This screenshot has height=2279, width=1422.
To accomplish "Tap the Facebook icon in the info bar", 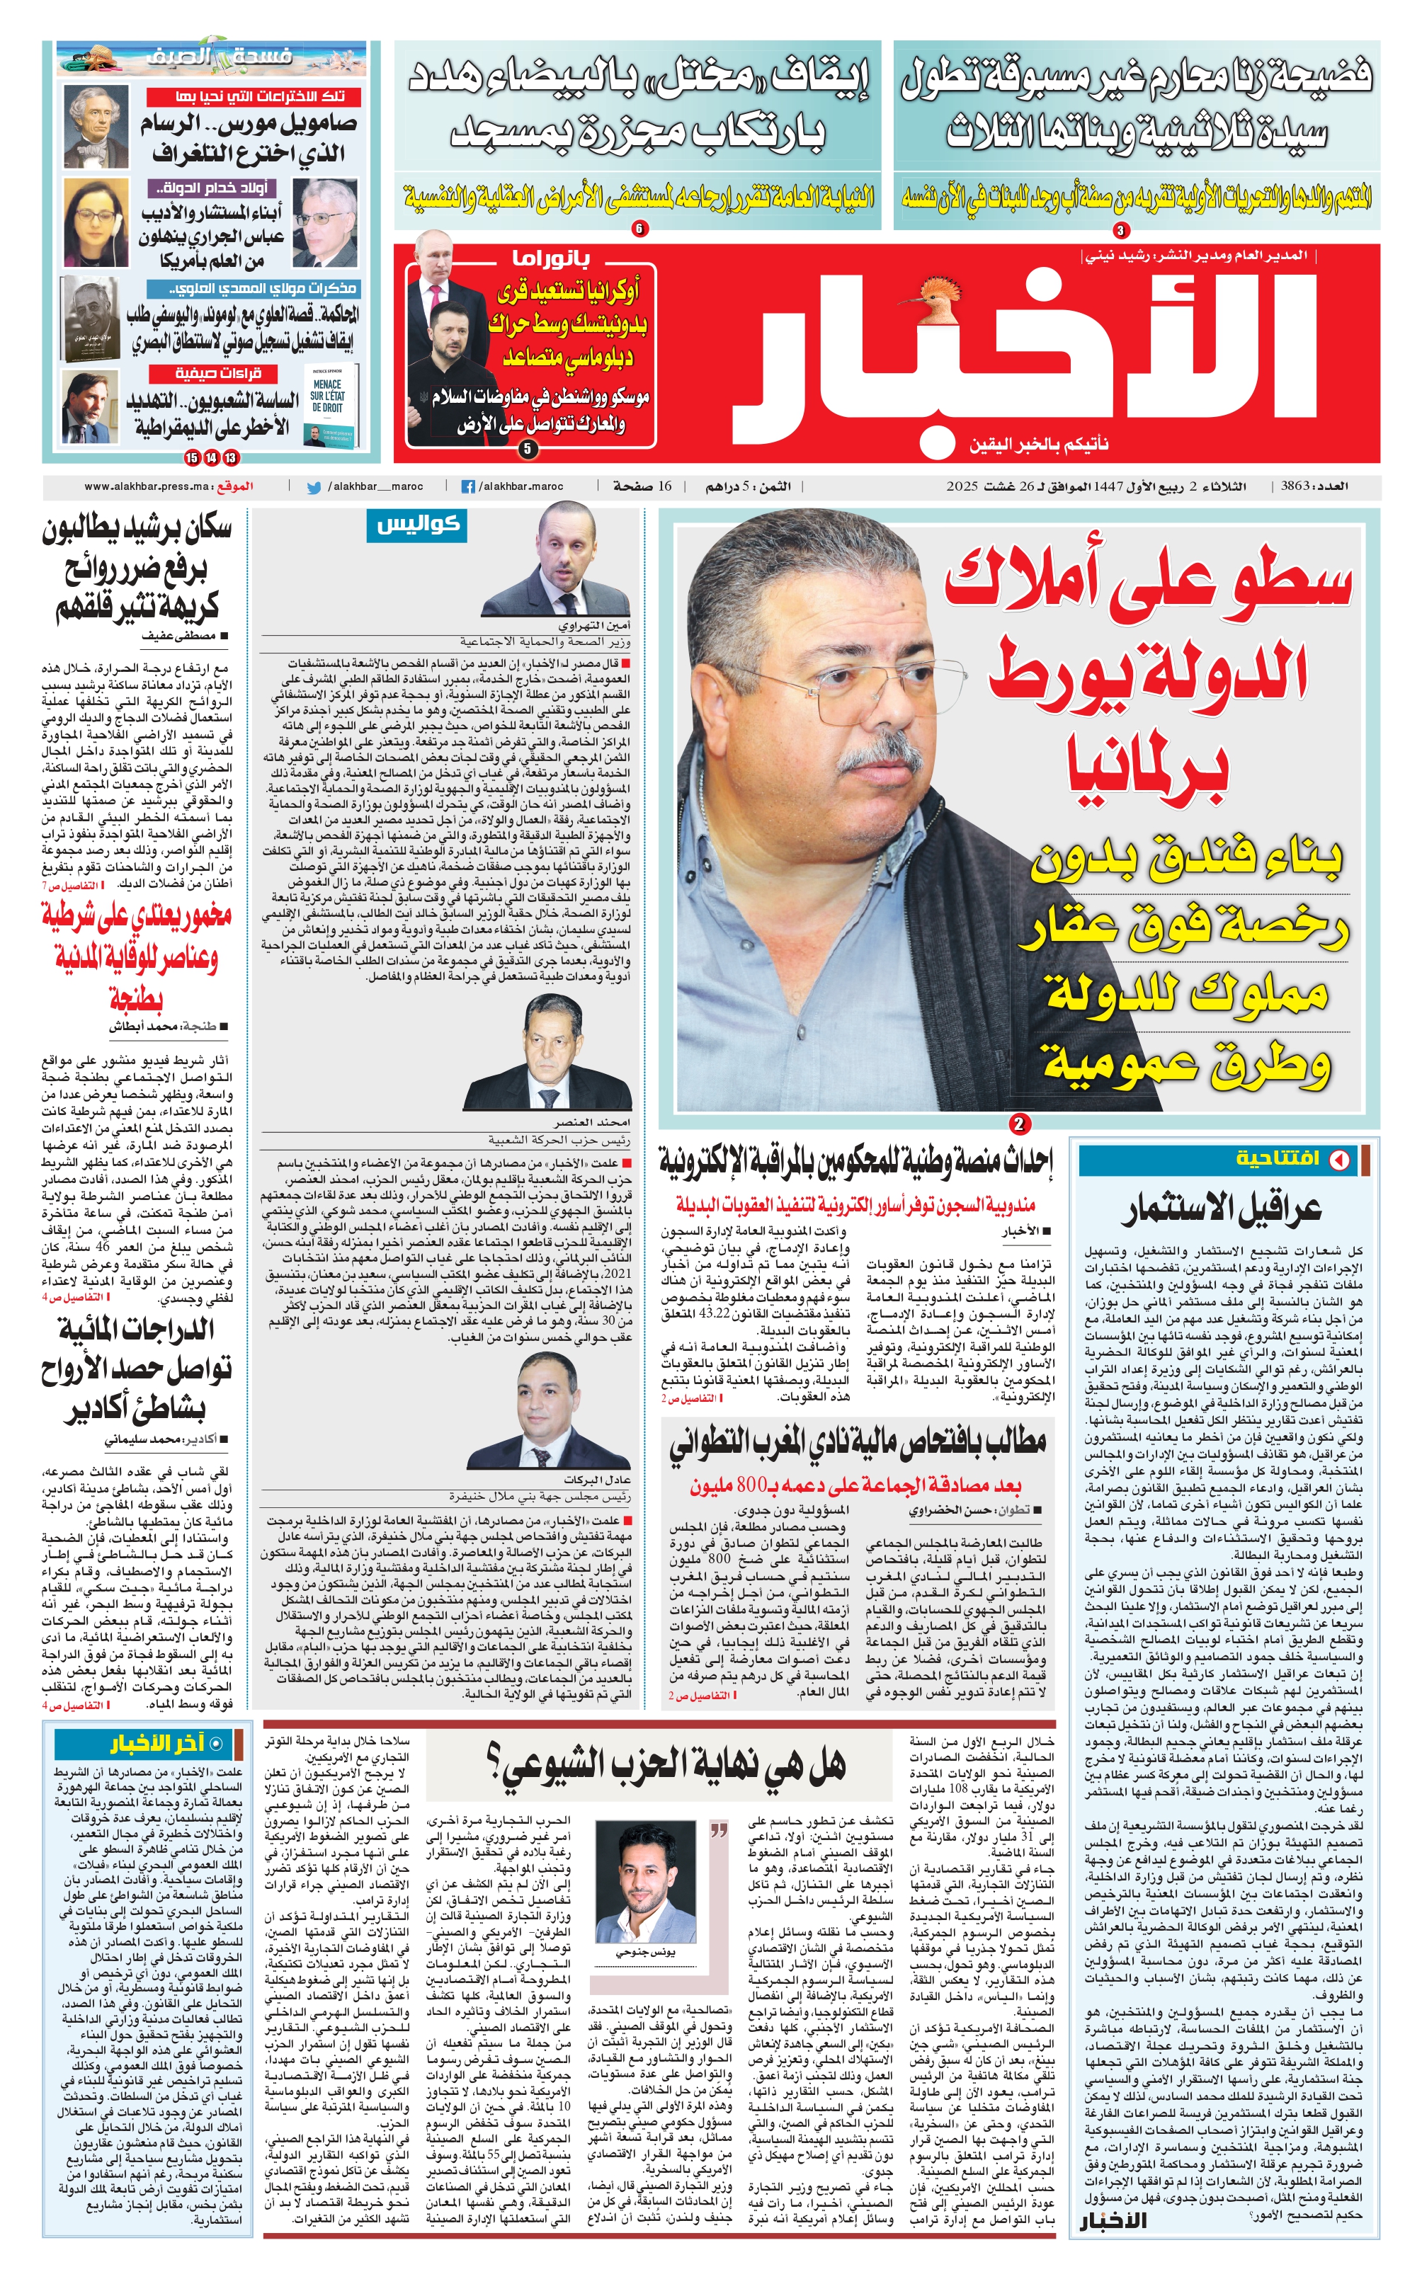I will [467, 487].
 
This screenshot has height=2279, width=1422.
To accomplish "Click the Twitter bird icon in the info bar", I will [314, 487].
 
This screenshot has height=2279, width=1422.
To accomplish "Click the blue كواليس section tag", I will [416, 525].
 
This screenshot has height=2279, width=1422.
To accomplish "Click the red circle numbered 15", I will [192, 458].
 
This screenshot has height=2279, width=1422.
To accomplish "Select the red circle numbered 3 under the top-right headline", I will [1120, 229].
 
